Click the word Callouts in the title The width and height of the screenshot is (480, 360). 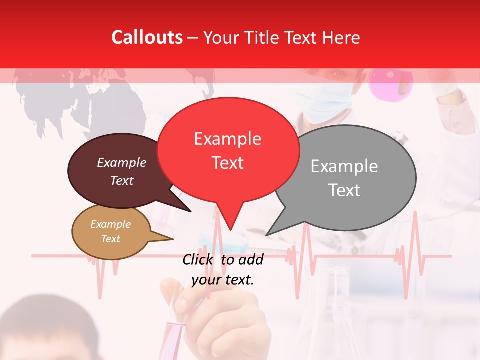click(x=147, y=37)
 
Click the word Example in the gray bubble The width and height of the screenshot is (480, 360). click(x=344, y=166)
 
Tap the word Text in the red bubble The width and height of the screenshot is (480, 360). click(x=227, y=163)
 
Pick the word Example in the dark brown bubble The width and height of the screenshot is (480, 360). click(x=121, y=163)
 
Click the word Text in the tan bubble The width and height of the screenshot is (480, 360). click(x=110, y=239)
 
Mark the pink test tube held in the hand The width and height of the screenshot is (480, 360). click(x=175, y=335)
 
